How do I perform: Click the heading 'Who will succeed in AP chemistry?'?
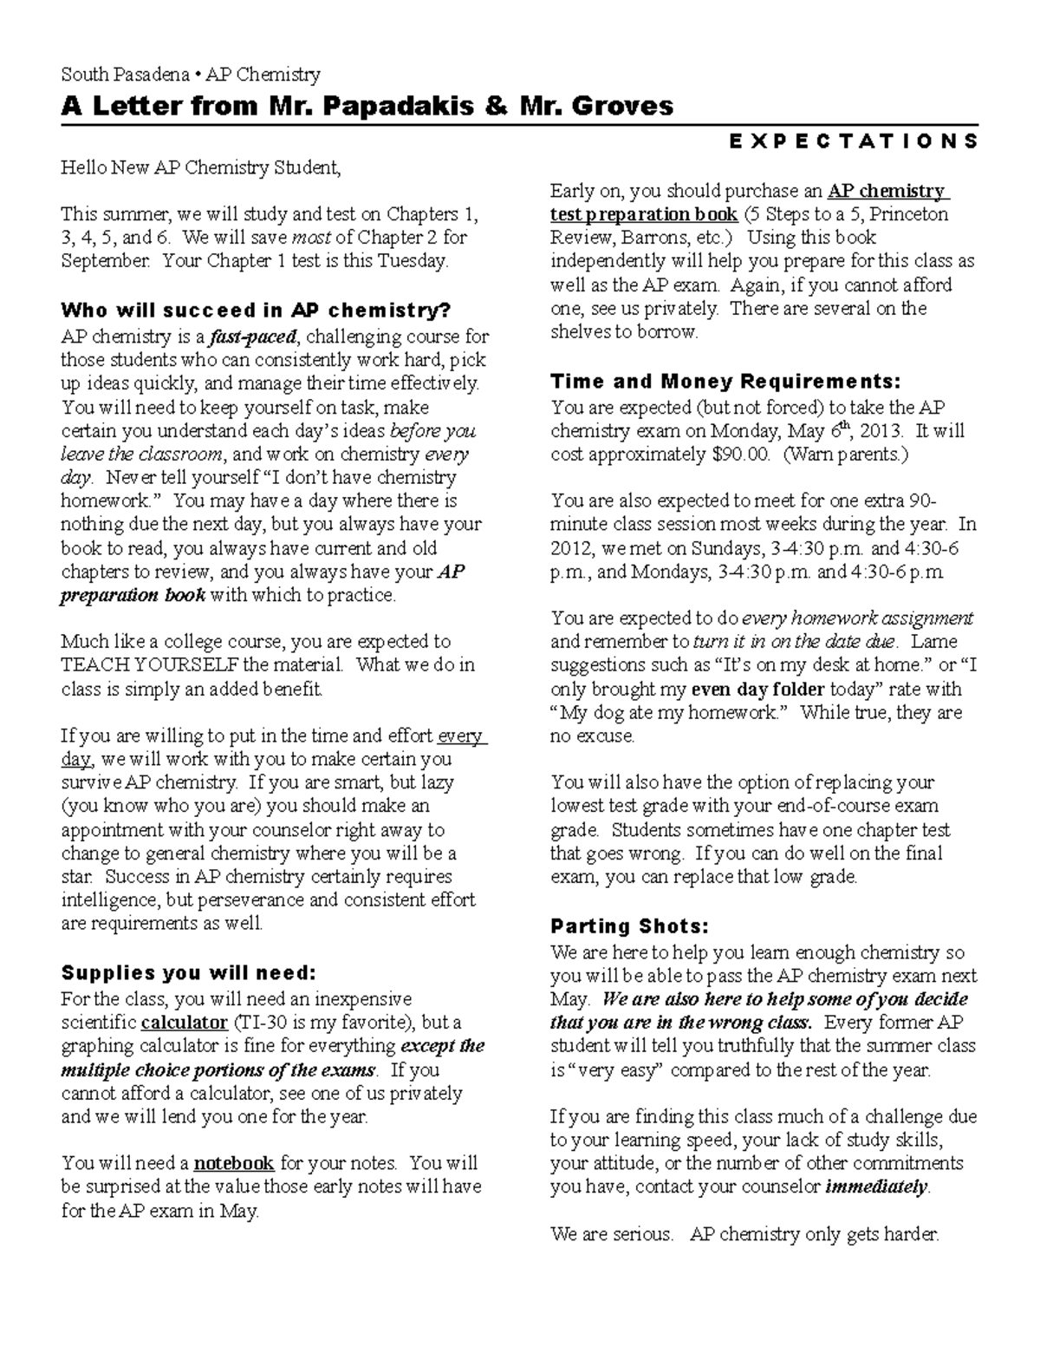[256, 311]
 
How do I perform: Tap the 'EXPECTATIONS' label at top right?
[854, 141]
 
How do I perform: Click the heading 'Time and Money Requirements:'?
[725, 382]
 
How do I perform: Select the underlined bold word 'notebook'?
[234, 1163]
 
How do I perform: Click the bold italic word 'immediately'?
[877, 1187]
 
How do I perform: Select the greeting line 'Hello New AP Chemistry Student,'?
[201, 167]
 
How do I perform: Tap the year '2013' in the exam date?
[882, 431]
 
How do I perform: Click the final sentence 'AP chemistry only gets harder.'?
[815, 1234]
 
